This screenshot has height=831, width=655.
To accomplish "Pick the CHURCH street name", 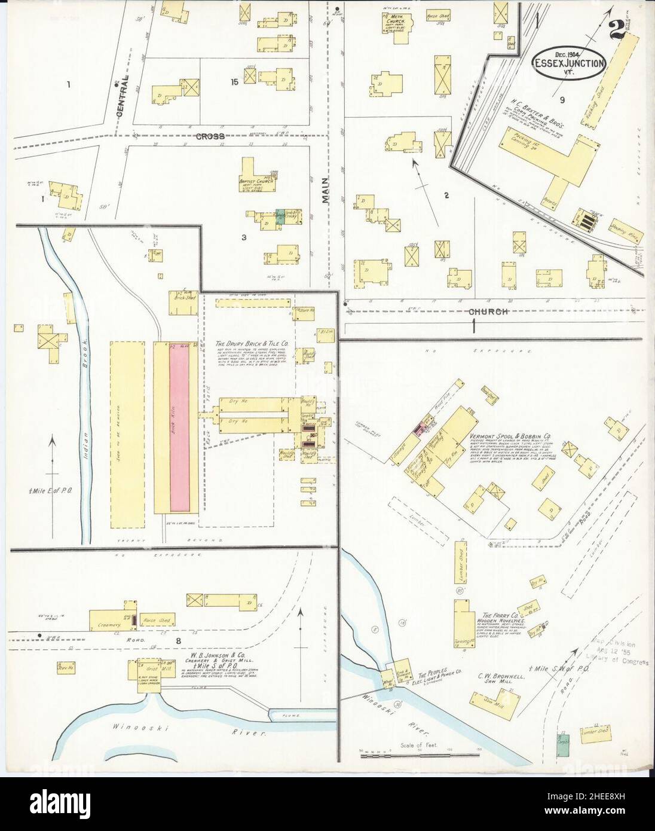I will [488, 311].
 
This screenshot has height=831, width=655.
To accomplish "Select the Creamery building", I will [106, 620].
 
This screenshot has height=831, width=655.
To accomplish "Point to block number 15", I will [235, 82].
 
